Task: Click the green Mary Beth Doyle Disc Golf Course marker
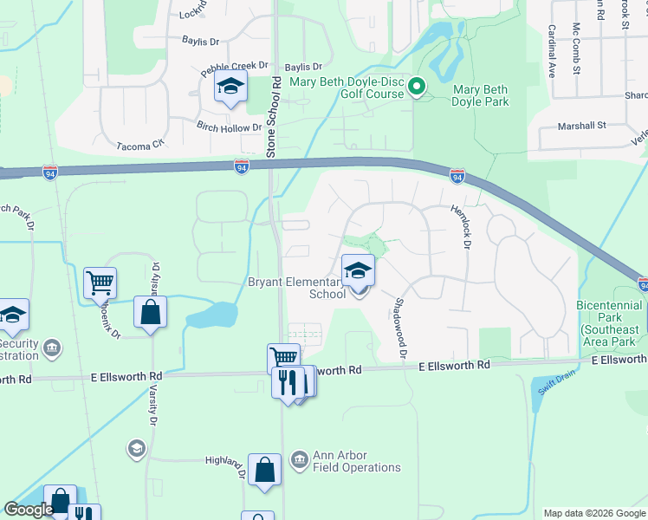416,86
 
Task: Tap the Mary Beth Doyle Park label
479,94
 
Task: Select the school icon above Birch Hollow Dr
231,88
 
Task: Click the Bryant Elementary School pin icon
358,272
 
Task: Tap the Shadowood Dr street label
400,328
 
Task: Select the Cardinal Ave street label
550,52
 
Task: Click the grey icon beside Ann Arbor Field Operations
300,458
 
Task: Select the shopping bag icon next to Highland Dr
265,471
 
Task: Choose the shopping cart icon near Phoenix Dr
100,283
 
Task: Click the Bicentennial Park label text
611,318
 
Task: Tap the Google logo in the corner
28,510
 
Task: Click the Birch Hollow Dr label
230,128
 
